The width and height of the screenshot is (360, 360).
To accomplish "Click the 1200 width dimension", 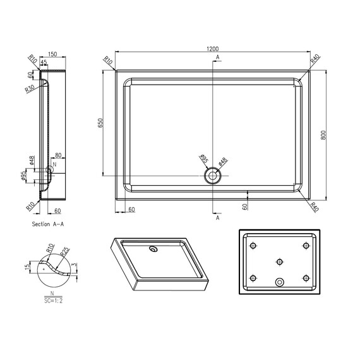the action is [x=213, y=49].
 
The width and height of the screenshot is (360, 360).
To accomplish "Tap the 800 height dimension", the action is [x=323, y=135].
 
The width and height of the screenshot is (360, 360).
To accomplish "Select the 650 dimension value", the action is [x=100, y=123].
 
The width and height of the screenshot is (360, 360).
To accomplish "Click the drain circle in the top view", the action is [x=213, y=176].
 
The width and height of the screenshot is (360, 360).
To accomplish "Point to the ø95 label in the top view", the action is [x=204, y=159].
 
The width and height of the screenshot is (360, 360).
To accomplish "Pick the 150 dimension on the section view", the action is [x=52, y=54].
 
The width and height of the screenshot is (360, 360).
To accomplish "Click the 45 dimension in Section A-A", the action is [x=44, y=62].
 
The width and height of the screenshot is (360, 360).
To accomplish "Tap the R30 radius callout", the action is [x=30, y=89].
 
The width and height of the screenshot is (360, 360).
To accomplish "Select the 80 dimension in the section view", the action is [x=58, y=155].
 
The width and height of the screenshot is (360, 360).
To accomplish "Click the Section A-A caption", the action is [x=48, y=224].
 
